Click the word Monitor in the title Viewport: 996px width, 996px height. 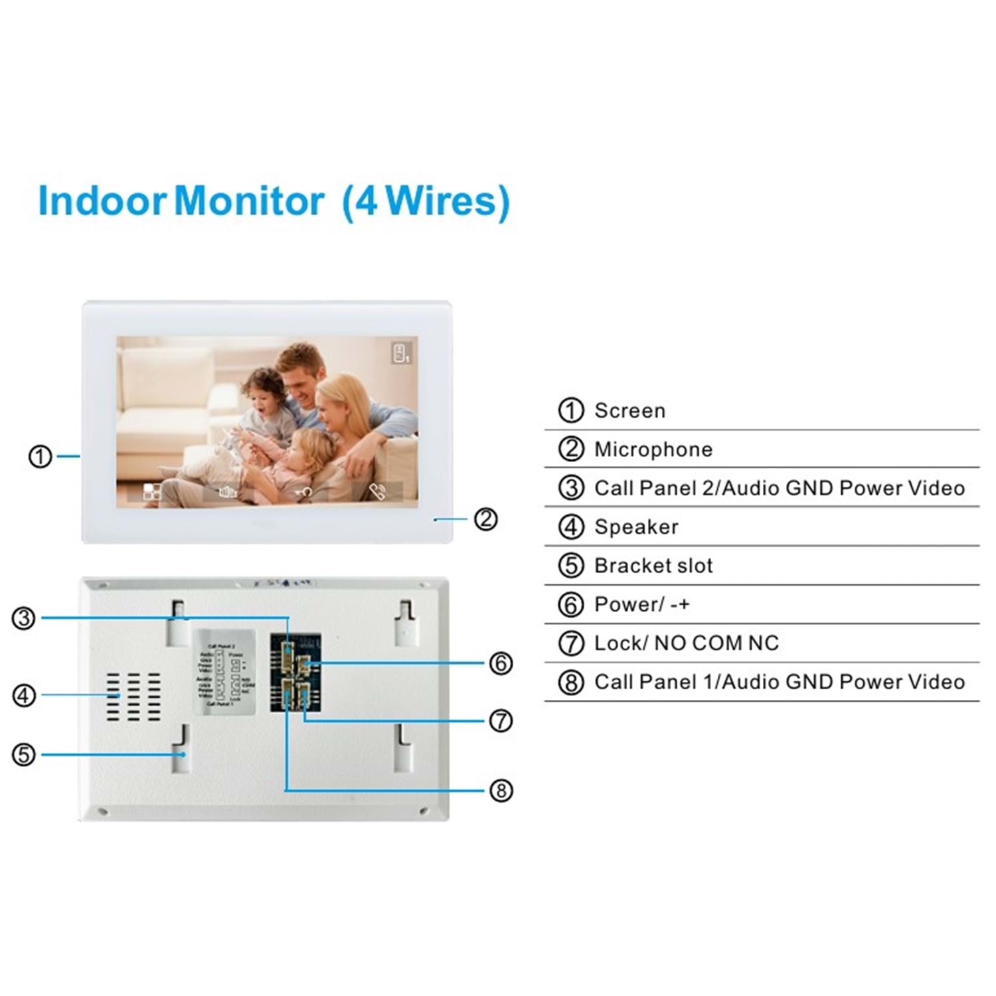coord(249,201)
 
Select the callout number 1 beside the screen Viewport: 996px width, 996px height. coord(40,456)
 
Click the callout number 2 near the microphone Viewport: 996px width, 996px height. coord(485,519)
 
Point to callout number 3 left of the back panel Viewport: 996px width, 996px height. coord(24,618)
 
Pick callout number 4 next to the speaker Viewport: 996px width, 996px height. coord(24,695)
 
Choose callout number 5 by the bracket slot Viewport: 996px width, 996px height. coord(24,754)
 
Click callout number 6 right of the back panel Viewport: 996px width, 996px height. coord(501,663)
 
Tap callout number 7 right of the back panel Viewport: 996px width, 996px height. coord(501,720)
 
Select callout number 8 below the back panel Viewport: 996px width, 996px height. coord(501,790)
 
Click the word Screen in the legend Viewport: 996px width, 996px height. coord(629,411)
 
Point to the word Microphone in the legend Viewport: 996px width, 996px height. coord(653,450)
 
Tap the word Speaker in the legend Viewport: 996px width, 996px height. coord(636,527)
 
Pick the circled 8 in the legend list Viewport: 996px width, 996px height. coord(571,682)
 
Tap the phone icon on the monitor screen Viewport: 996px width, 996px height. coord(377,492)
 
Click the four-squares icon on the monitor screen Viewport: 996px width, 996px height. coord(152,492)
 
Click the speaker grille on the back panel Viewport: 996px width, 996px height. coord(133,697)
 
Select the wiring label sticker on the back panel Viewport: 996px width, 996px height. coord(224,672)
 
